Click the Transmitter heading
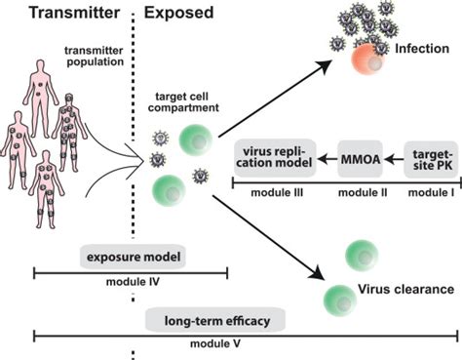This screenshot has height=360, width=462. pos(59,16)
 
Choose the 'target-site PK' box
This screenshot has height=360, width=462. pos(434,156)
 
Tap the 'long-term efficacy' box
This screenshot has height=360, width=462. pos(204,319)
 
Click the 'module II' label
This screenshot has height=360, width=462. pos(364,193)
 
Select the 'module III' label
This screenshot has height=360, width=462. pos(275,193)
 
